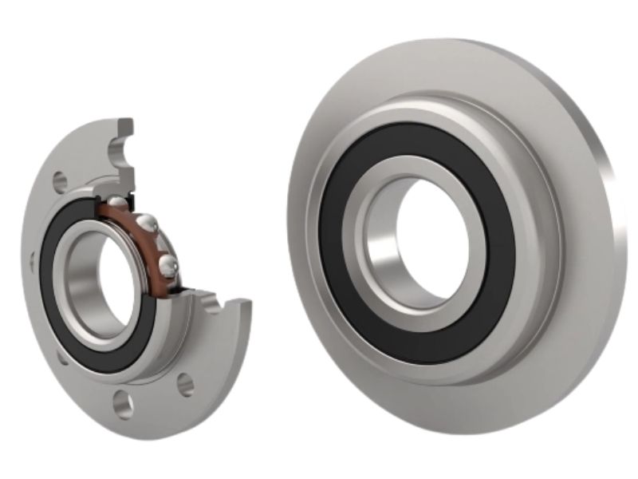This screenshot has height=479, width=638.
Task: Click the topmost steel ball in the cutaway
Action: [x=116, y=201]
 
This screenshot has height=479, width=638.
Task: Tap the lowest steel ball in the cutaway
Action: [x=167, y=263]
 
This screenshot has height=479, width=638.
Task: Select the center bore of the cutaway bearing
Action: [x=93, y=279]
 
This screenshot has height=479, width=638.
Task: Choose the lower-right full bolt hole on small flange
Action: [x=185, y=385]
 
